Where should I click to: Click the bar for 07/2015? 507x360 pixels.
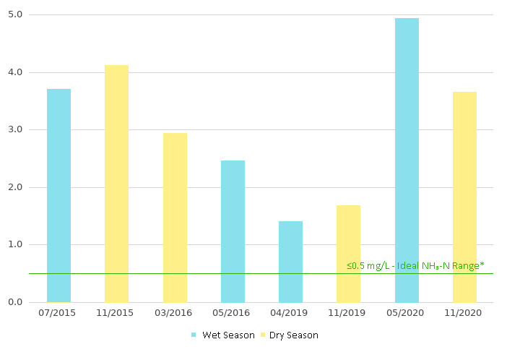coord(58,195)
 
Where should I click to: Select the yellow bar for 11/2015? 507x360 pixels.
coord(116,184)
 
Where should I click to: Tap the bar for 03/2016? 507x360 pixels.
coord(175,217)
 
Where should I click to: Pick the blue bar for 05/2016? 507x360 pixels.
coord(233,231)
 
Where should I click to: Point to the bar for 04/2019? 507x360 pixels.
coord(290,262)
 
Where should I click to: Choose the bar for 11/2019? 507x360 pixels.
coord(348,253)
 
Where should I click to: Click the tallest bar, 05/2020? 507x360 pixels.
coord(407,160)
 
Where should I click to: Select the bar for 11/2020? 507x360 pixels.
coord(464,197)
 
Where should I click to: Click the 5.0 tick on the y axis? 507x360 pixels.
coord(15,14)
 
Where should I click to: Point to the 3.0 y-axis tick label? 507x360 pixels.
coord(15,129)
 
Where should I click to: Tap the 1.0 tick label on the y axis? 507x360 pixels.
coord(15,244)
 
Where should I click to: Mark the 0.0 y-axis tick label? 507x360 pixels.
coord(15,302)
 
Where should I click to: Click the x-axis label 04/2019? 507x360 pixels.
coord(290,313)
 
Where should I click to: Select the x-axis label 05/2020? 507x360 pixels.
coord(407,313)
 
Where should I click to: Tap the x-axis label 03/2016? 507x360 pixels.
coord(175,313)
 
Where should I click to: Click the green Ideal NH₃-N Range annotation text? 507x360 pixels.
coord(415,266)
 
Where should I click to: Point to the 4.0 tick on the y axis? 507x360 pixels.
coord(15,72)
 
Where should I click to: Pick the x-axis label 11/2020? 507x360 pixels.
coord(464,313)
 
